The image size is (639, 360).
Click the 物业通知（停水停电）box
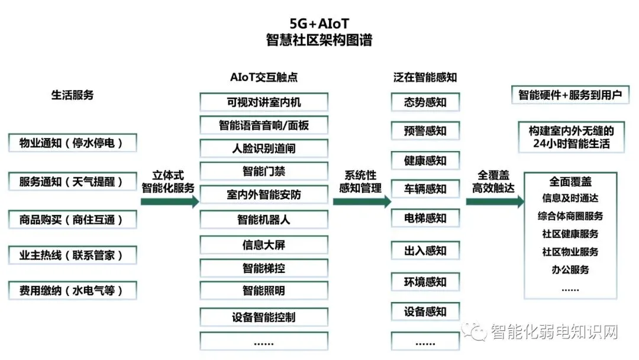click(73, 143)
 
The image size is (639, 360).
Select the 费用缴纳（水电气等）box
click(73, 291)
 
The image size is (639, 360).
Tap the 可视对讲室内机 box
click(264, 102)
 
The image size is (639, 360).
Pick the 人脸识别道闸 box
click(264, 148)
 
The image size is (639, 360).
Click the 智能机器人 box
click(264, 220)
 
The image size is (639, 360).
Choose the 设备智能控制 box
click(264, 317)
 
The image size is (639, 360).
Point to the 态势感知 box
click(425, 102)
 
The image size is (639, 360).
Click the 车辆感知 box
click(425, 189)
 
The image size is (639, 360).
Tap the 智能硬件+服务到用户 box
click(570, 95)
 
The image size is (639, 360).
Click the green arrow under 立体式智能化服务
click(170, 201)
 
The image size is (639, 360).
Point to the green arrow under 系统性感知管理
click(362, 201)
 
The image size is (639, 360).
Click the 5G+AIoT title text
click(319, 23)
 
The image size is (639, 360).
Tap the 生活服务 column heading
click(72, 95)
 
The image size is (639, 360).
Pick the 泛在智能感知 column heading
click(425, 78)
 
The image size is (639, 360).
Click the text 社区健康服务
click(570, 234)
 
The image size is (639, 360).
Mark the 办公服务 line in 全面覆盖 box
click(570, 269)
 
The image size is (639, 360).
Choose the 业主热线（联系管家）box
click(73, 255)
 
